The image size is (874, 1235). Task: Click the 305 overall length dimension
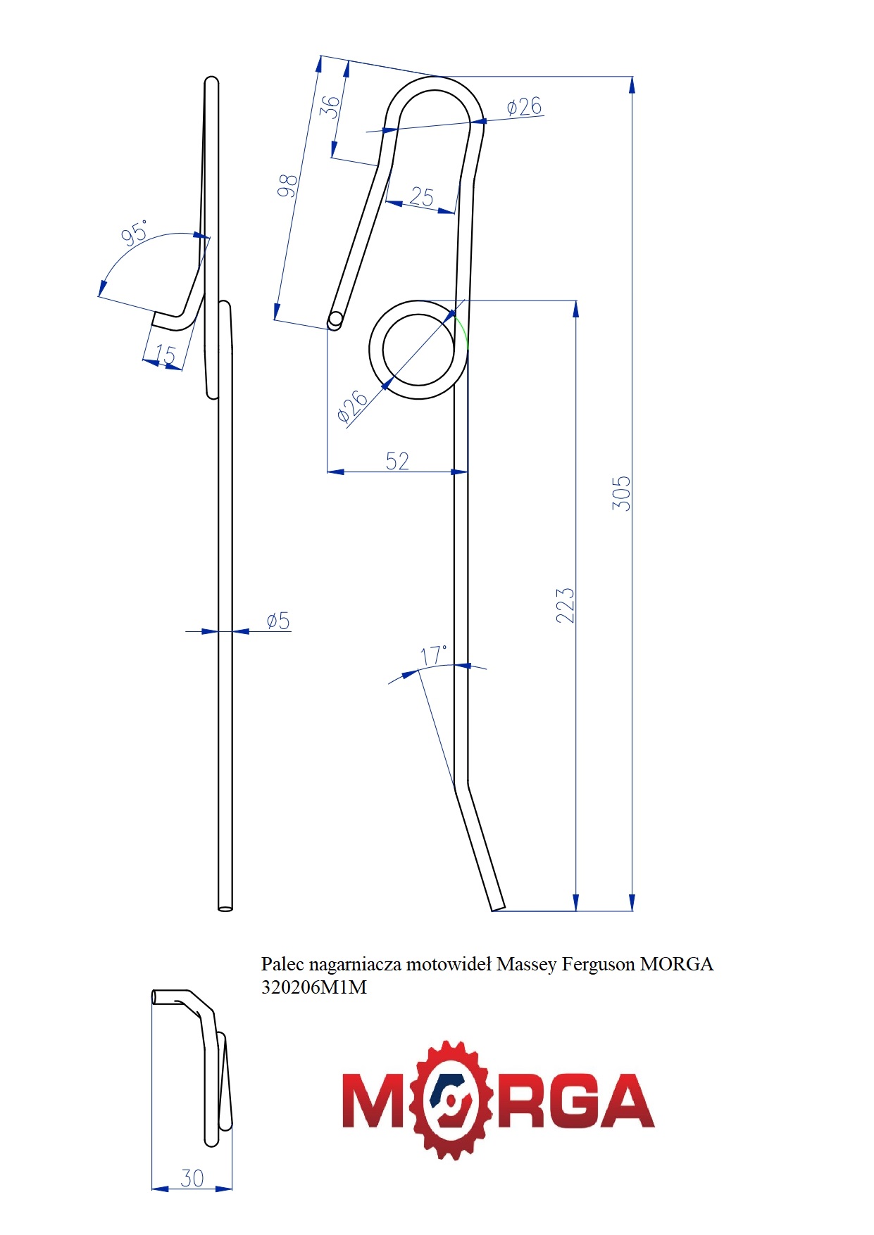click(x=621, y=493)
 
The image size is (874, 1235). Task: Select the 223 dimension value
click(x=566, y=605)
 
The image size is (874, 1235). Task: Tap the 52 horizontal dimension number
click(x=397, y=461)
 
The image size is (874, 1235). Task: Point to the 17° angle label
click(x=433, y=656)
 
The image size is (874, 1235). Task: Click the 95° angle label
click(x=135, y=233)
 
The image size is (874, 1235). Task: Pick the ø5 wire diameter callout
click(x=278, y=621)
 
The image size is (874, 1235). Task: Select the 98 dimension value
click(x=287, y=185)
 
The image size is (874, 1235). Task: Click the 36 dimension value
click(x=330, y=106)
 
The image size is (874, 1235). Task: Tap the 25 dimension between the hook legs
click(x=421, y=196)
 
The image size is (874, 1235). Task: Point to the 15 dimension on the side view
click(x=165, y=355)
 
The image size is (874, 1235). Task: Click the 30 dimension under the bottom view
click(x=192, y=1178)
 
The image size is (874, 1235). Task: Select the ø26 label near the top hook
click(x=525, y=107)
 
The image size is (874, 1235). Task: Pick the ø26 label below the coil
click(x=352, y=407)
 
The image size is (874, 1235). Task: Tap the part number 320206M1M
click(x=314, y=987)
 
